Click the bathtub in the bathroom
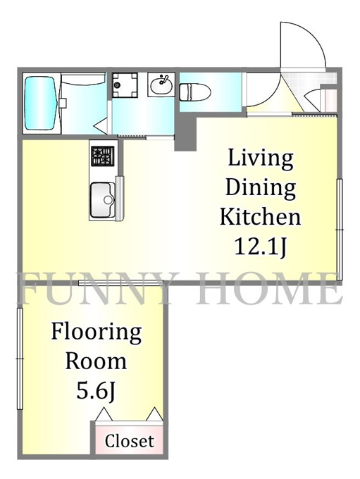click(x=42, y=103)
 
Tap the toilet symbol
click(x=195, y=92)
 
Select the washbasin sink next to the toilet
click(x=161, y=85)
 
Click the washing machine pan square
click(x=125, y=85)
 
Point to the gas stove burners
click(x=103, y=156)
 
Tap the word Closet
click(x=129, y=441)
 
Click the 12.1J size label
click(x=261, y=247)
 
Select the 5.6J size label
click(x=96, y=391)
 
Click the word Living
click(x=261, y=159)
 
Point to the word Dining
click(x=261, y=188)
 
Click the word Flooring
click(x=96, y=333)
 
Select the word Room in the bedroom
click(x=96, y=361)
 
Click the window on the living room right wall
click(x=339, y=230)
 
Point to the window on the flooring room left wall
click(x=20, y=359)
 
